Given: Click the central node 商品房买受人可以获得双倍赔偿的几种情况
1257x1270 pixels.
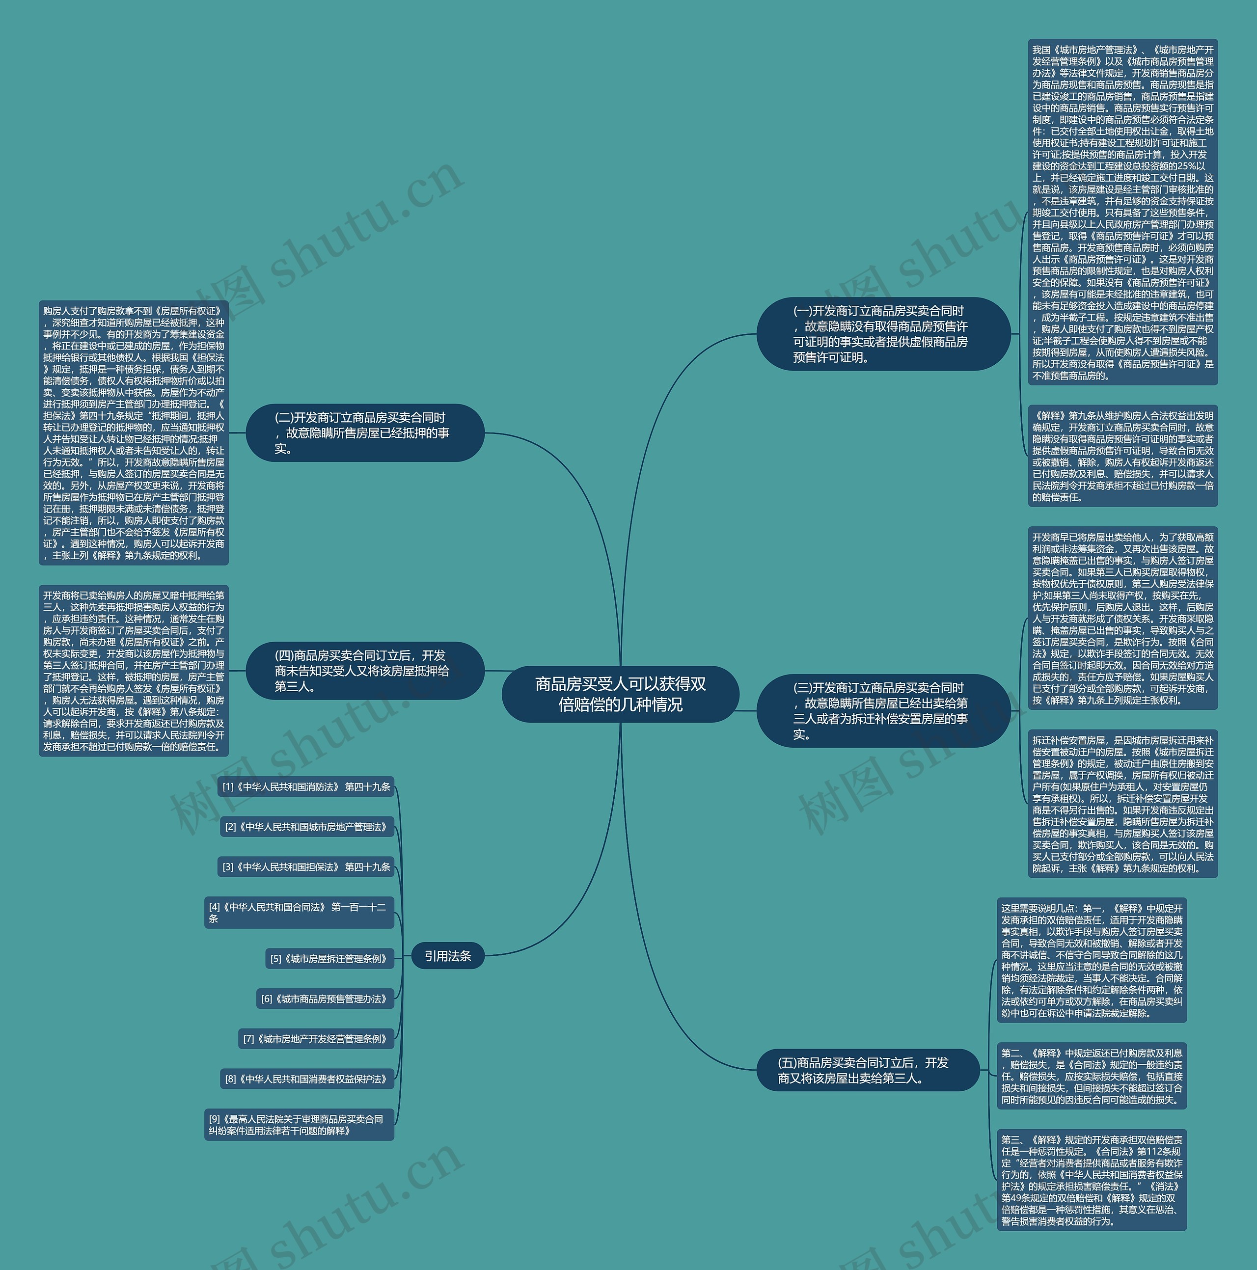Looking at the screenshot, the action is [x=620, y=694].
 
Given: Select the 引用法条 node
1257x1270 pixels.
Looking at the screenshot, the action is [x=448, y=956].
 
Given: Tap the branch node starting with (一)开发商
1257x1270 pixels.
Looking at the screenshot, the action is [x=882, y=334].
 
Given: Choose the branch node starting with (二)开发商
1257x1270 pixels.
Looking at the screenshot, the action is [x=365, y=432].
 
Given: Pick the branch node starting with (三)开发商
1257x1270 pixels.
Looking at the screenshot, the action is [x=882, y=710].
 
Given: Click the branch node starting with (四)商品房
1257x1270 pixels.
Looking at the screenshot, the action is [x=365, y=671].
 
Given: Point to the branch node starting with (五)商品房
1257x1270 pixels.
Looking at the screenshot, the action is [x=868, y=1070].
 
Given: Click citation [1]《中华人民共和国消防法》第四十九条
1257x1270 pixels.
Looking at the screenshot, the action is [x=306, y=787].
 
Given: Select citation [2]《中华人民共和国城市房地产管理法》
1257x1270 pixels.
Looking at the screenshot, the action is [x=307, y=827].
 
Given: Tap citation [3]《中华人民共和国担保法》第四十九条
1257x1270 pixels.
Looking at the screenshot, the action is [x=306, y=867].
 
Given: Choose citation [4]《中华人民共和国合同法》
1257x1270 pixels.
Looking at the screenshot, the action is [x=299, y=913].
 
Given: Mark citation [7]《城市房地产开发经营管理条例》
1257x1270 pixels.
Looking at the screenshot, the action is [x=316, y=1039].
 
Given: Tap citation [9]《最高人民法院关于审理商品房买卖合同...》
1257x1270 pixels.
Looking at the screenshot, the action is [x=299, y=1125].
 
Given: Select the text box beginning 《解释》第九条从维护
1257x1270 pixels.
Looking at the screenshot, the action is [x=1122, y=456].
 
